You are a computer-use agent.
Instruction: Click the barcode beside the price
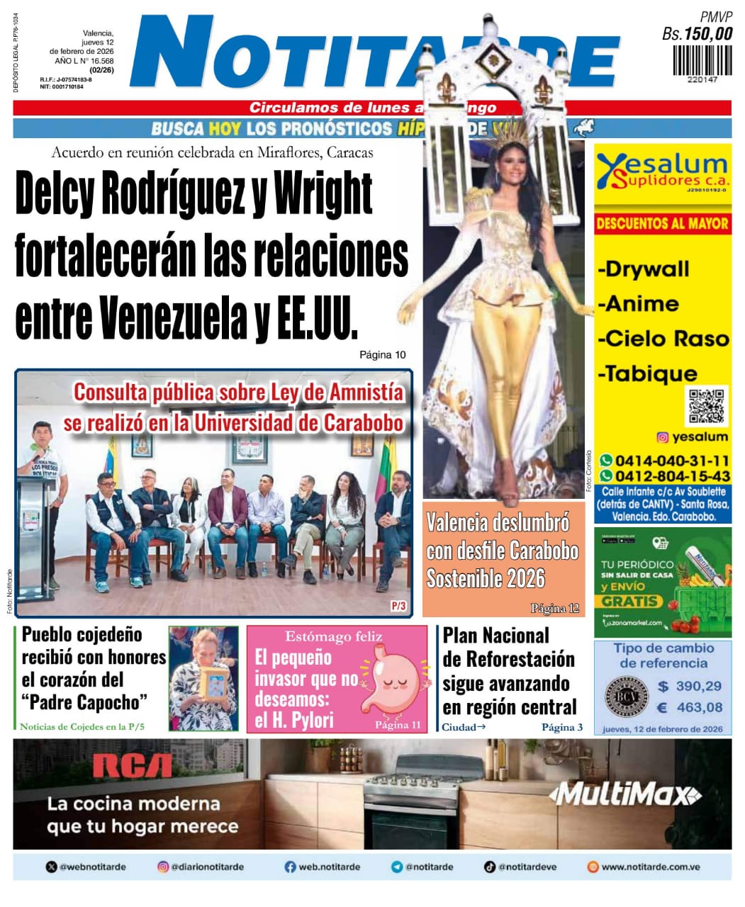point(702,60)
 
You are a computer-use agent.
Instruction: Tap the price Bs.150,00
point(697,33)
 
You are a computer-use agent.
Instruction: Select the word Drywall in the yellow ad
point(644,269)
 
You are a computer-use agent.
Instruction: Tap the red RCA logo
point(132,767)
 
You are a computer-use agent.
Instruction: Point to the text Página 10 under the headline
point(382,354)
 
